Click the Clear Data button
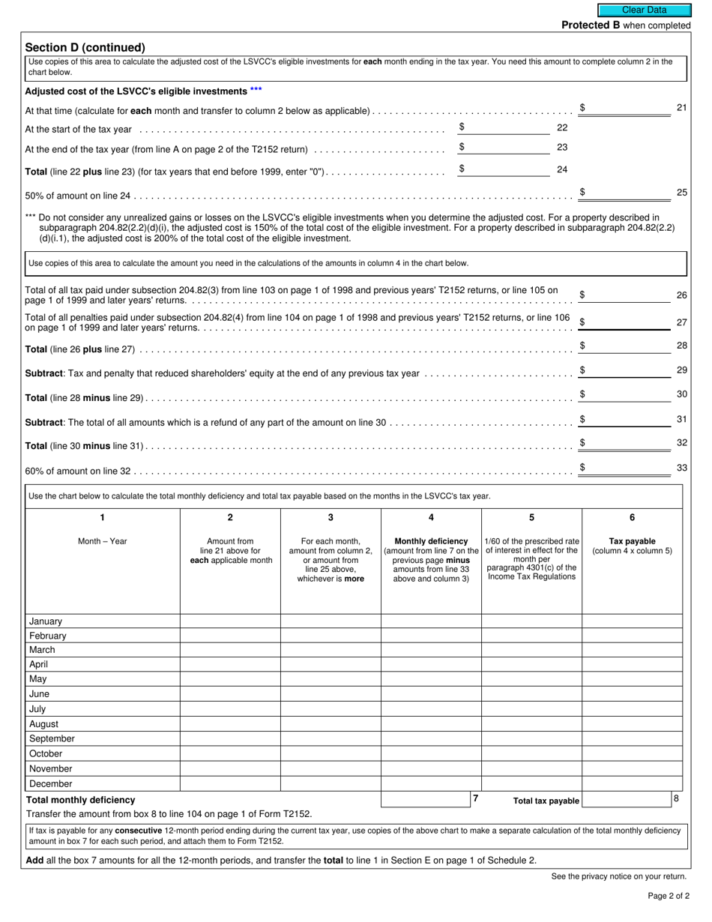(644, 10)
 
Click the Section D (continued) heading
(85, 47)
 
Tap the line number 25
(681, 193)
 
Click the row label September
(52, 738)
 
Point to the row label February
(48, 636)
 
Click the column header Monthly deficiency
(431, 541)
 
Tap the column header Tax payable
(632, 541)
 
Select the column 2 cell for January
(230, 621)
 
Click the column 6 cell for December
(632, 783)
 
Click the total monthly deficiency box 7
(426, 800)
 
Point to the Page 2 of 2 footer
(669, 896)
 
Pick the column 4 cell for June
(431, 694)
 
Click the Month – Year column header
(103, 541)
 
